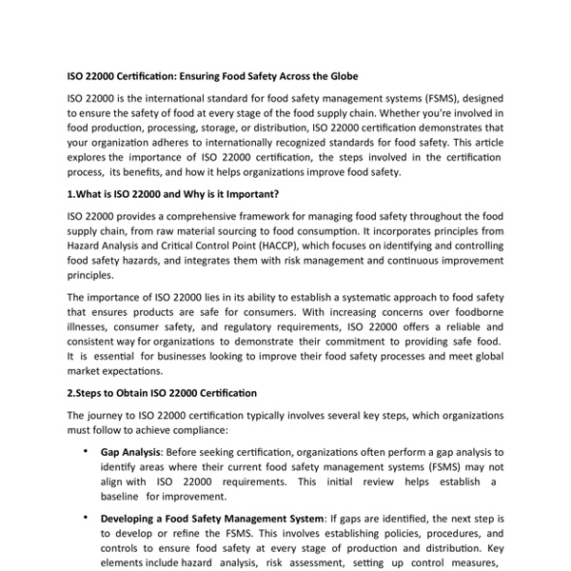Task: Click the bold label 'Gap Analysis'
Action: (130, 452)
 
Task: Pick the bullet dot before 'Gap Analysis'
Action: (87, 451)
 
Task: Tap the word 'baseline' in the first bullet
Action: (122, 497)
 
